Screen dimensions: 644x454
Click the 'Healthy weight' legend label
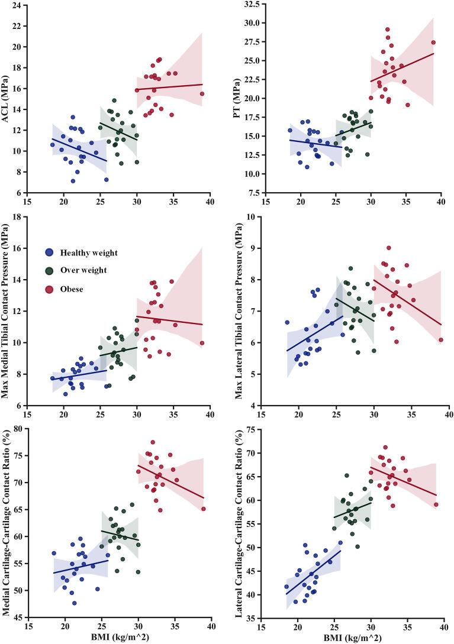click(89, 253)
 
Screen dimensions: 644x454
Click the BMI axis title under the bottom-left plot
click(117, 637)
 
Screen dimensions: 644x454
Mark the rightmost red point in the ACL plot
click(202, 94)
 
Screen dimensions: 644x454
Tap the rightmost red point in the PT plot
click(433, 42)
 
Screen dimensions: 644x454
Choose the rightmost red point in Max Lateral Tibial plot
click(440, 339)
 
